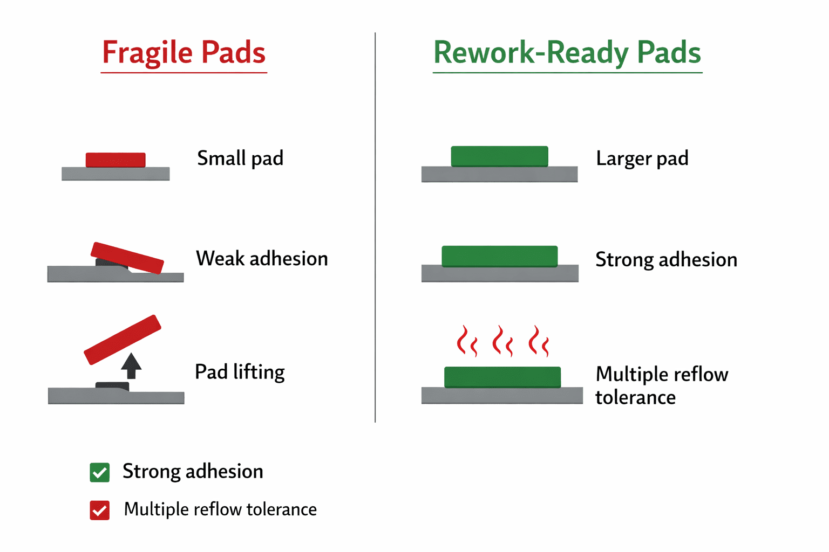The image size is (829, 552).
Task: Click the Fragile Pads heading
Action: (184, 53)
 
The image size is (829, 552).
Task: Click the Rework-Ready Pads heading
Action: (567, 53)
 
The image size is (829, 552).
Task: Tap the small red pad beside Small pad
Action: (115, 160)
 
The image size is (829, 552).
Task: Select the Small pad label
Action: (240, 158)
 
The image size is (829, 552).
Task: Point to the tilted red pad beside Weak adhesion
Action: (127, 258)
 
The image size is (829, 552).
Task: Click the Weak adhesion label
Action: (262, 258)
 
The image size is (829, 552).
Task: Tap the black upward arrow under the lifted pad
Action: (131, 366)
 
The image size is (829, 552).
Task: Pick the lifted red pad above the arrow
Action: (123, 340)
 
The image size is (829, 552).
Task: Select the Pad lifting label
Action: (240, 372)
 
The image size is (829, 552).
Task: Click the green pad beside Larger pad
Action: (499, 156)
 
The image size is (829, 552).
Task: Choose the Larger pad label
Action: (642, 158)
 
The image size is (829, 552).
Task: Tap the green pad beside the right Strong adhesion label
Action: (500, 256)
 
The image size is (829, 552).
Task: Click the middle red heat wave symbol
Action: (502, 341)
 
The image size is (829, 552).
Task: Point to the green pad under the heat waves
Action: (502, 377)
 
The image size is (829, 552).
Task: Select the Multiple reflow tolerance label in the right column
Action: (662, 385)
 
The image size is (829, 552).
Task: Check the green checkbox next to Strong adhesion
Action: (99, 472)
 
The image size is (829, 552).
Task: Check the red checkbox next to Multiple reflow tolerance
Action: (99, 510)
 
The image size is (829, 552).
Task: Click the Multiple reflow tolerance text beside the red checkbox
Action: (220, 509)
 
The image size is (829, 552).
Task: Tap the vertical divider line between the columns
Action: (375, 227)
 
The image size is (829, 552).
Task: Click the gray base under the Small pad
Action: (115, 174)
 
